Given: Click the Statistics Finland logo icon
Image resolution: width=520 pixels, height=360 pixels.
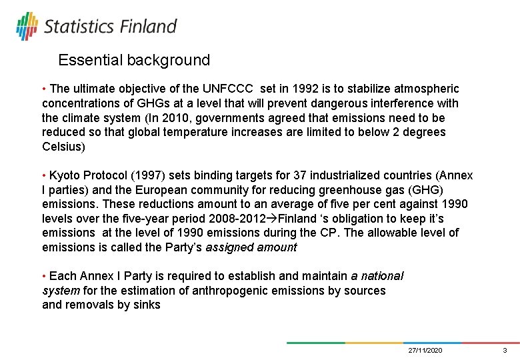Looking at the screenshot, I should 27,26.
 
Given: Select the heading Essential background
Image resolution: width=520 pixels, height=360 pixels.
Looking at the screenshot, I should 134,60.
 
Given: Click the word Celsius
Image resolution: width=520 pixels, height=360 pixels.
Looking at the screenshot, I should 63,147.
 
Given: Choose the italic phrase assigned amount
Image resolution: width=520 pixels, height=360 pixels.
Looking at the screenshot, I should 251,247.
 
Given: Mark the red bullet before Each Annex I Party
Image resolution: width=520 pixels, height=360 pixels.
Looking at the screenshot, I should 44,276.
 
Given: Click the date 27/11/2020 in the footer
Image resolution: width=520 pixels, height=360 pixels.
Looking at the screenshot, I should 425,350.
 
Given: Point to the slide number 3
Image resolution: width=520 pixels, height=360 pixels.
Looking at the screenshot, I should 505,350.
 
